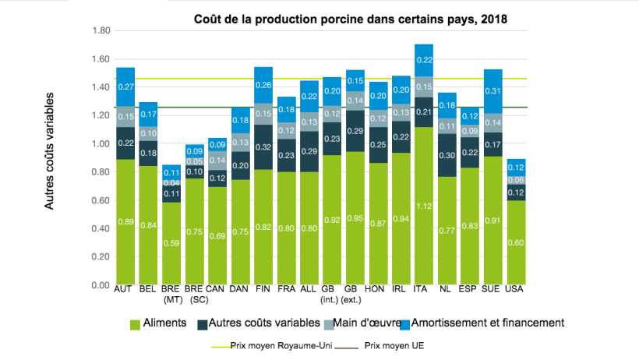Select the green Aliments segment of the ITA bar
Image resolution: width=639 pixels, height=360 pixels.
point(423,206)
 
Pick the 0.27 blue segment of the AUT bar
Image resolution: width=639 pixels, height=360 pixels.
point(125,86)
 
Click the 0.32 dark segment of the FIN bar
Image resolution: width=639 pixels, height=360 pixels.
point(263,146)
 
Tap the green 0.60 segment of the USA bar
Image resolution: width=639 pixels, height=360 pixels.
point(515,242)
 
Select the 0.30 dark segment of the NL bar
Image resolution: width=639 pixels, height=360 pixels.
point(447,155)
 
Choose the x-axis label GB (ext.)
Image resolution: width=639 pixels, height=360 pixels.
point(355,294)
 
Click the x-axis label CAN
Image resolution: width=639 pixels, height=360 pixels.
point(217,289)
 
